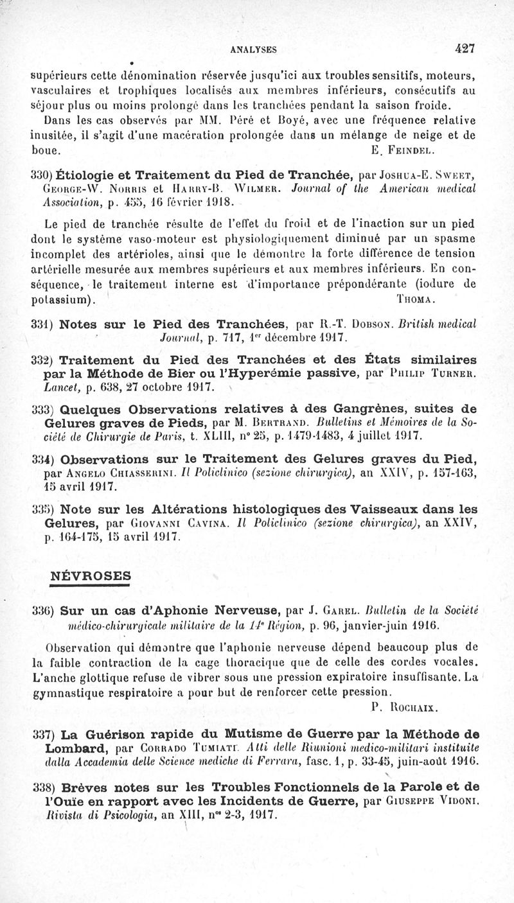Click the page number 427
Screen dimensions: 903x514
[463, 47]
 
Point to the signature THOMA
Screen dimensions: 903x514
[418, 299]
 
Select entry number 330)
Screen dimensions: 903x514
[43, 173]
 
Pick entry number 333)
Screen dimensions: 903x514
[43, 409]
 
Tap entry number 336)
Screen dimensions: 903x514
[43, 608]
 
